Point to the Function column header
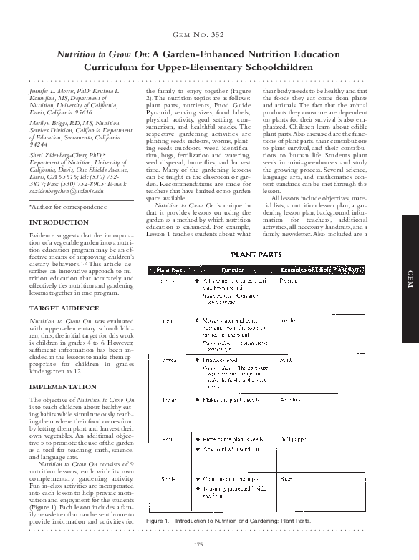pos(233,270)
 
